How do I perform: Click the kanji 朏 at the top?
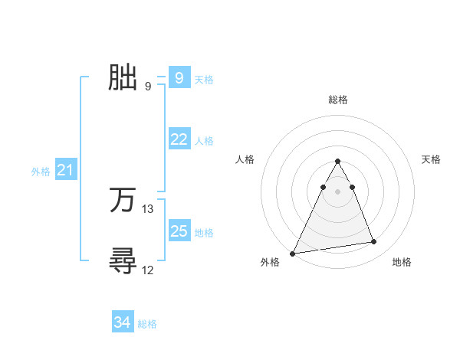coord(123,77)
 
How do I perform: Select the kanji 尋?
coord(123,260)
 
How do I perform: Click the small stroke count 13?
coord(148,208)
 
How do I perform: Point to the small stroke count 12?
coord(148,270)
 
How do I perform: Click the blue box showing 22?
coord(179,139)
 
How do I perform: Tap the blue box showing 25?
coord(179,231)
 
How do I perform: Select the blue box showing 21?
coord(65,171)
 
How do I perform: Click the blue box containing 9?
coord(179,78)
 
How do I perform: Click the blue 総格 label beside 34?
coord(147,324)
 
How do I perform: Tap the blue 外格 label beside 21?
coord(41,172)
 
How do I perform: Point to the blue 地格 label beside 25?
coord(204,233)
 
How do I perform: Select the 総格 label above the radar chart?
coord(338,100)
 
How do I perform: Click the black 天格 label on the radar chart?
coord(432,159)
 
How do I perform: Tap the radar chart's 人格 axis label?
coord(245,159)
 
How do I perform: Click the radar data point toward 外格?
coord(293,253)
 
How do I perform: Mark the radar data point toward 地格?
coord(374,242)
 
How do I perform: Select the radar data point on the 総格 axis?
coord(338,162)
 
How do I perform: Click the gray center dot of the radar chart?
coord(338,191)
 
